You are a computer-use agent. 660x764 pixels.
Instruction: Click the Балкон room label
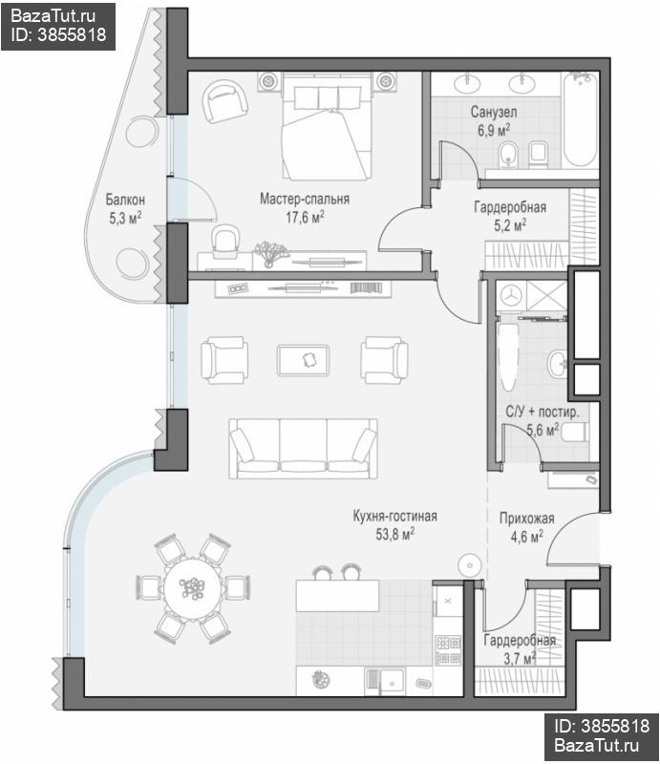pos(125,200)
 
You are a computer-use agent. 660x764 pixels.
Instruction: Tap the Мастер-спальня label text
pos(305,199)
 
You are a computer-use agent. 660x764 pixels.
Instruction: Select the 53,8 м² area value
pos(394,534)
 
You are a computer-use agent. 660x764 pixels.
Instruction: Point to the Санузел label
pos(494,112)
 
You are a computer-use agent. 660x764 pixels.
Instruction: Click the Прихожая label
pos(526,518)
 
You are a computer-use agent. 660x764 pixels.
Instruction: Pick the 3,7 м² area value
pos(520,659)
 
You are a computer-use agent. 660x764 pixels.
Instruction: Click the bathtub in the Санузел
pos(581,119)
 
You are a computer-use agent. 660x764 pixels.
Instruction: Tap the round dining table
pos(193,588)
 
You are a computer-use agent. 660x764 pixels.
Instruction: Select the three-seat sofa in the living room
pos(303,448)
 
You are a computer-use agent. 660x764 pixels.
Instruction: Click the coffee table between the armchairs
pos(303,360)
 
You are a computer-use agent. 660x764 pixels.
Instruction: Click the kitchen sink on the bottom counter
pos(385,682)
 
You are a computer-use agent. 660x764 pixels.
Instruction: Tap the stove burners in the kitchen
pos(448,650)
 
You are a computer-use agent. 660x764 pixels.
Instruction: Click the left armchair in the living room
pos(224,360)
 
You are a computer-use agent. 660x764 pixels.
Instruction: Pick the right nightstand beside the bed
pos(386,81)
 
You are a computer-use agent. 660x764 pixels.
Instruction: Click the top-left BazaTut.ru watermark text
pos(53,16)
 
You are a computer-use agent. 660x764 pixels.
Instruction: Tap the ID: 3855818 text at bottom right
pos(602,726)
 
